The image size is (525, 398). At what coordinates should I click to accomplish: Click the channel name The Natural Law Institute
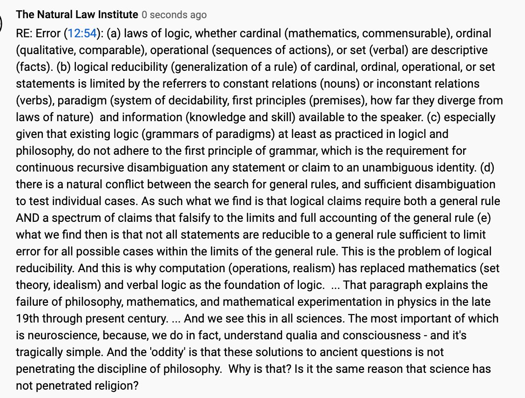point(77,14)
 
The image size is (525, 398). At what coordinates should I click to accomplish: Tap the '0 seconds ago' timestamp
point(174,15)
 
